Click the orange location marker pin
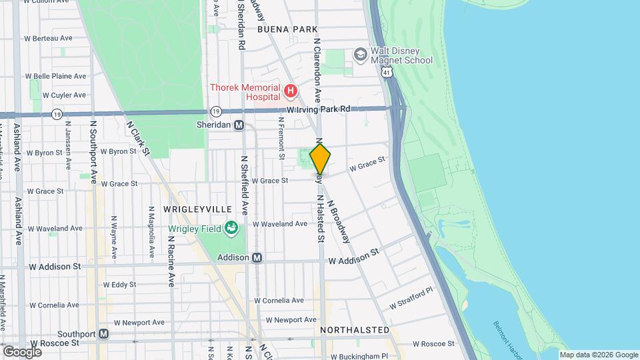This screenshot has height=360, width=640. click(x=320, y=159)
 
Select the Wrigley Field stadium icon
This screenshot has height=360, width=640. click(x=231, y=229)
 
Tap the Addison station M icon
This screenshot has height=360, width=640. click(x=257, y=257)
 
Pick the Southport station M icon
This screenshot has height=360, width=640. click(x=103, y=333)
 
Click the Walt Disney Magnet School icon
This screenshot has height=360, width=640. click(x=361, y=54)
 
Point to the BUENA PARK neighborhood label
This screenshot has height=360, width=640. click(x=286, y=30)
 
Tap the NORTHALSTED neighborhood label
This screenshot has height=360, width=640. click(x=354, y=330)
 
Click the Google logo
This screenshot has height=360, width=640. click(x=22, y=351)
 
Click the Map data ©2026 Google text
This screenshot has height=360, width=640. click(x=598, y=355)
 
